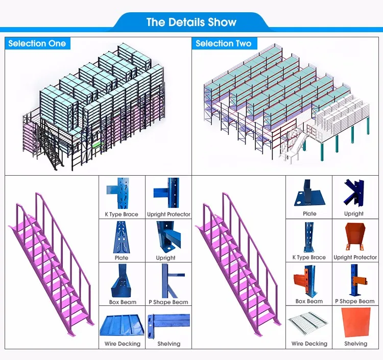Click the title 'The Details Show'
191,22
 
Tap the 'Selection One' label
37,43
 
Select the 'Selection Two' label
223,43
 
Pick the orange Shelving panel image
355,323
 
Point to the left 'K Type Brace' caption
122,214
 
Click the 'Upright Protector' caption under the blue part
169,214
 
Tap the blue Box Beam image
122,280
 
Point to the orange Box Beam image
309,280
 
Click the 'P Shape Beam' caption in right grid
355,301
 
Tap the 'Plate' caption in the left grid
122,258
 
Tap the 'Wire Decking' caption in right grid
309,344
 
